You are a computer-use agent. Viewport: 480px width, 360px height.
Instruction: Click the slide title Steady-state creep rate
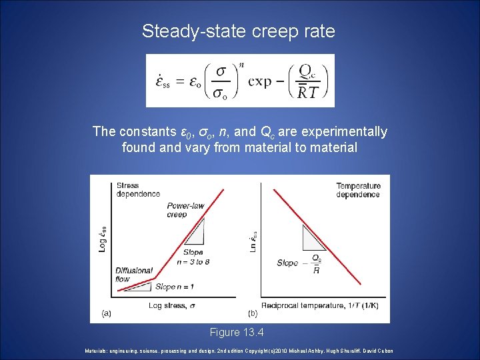(x=239, y=31)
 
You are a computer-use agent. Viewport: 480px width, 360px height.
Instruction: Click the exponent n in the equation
(x=241, y=65)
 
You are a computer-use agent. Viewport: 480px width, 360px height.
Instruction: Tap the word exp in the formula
(x=260, y=81)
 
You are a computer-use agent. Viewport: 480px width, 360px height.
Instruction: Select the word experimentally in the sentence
(x=338, y=131)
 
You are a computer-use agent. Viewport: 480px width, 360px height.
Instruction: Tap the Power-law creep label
(x=186, y=210)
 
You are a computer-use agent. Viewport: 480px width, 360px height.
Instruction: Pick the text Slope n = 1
(x=175, y=287)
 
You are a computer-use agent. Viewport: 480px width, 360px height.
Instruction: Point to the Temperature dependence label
(x=358, y=190)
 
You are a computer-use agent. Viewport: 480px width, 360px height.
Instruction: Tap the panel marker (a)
(x=106, y=312)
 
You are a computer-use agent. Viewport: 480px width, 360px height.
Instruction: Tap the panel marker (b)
(x=253, y=312)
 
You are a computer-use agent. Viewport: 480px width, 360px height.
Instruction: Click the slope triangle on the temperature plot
(x=311, y=237)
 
